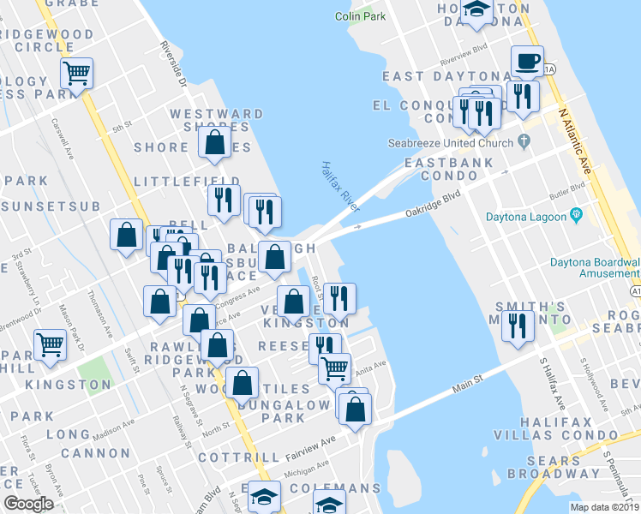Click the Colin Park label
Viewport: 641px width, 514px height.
[359, 16]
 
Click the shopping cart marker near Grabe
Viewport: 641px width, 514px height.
[77, 74]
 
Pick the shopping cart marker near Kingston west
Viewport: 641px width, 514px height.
[50, 344]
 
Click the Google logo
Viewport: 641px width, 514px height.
[28, 504]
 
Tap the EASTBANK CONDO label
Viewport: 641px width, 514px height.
[449, 169]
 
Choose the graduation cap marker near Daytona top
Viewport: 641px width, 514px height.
[476, 10]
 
